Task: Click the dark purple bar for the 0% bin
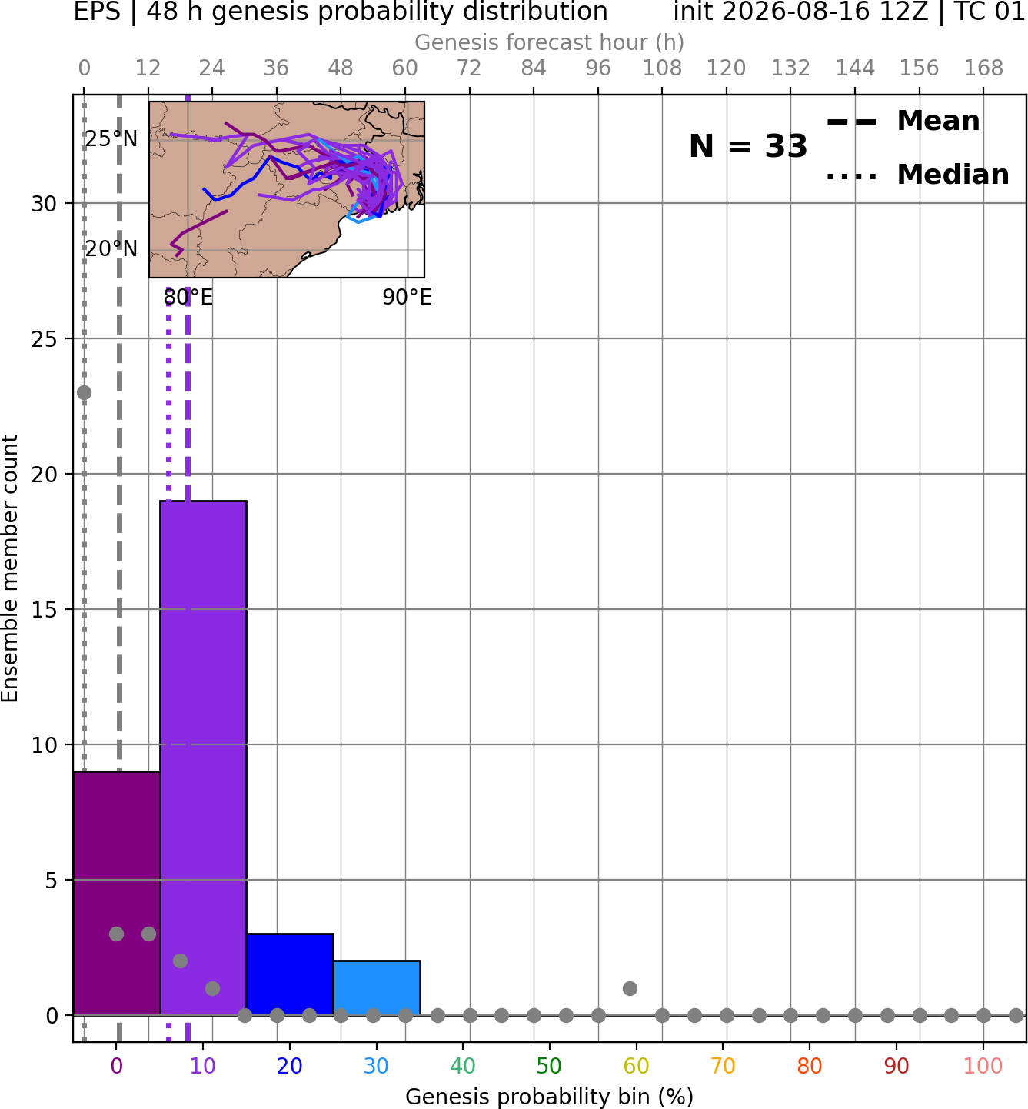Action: (117, 894)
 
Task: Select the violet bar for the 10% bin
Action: (203, 758)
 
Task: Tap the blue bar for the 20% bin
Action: (290, 974)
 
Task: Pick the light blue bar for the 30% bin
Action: (377, 987)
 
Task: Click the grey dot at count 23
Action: (84, 392)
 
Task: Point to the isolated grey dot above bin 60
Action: (630, 988)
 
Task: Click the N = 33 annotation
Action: (747, 146)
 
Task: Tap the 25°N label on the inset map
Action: (111, 138)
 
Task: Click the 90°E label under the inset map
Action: (407, 297)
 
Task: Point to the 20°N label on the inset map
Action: (111, 248)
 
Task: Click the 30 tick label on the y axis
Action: (44, 204)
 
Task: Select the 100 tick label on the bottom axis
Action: (983, 1066)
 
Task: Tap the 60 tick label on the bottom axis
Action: (636, 1066)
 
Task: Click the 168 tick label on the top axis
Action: (983, 68)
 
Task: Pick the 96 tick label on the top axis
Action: (598, 68)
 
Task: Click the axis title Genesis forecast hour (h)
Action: (550, 42)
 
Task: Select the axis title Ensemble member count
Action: (9, 568)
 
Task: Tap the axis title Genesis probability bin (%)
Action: (550, 1097)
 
